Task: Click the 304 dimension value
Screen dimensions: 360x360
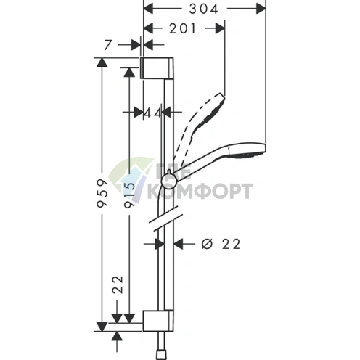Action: coord(203,9)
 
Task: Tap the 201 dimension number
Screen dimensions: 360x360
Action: coord(182,29)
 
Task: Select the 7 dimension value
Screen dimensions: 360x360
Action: coord(108,45)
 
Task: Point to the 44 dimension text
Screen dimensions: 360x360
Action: coord(152,112)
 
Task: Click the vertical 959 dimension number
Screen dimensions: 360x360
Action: coord(102,193)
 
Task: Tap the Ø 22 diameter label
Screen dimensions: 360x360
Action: coord(221,244)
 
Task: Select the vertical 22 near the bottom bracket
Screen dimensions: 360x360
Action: coord(118,285)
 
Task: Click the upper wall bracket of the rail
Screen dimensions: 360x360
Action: coord(157,68)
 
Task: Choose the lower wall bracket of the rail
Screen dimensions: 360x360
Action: coord(158,320)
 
